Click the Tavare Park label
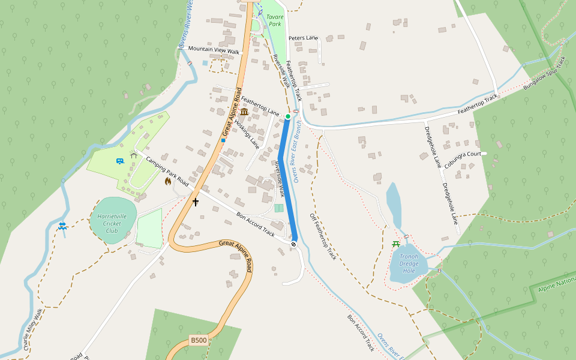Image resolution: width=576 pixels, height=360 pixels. (275, 21)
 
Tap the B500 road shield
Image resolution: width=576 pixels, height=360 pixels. (199, 340)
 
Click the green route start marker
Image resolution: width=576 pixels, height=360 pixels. (288, 116)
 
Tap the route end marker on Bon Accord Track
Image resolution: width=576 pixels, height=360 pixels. (294, 244)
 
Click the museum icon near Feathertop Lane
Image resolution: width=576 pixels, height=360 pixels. (244, 112)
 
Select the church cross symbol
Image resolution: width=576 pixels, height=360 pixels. (195, 202)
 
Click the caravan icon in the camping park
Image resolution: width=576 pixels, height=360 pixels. (119, 161)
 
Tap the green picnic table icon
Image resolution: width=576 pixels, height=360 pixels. (396, 244)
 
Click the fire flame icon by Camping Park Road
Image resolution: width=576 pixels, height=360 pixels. (168, 181)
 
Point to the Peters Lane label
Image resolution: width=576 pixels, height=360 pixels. (303, 38)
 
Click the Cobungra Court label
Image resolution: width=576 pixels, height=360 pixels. (463, 154)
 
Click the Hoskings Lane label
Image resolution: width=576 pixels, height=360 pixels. (247, 134)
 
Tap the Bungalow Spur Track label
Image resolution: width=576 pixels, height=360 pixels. (545, 74)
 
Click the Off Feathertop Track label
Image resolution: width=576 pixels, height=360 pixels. (323, 236)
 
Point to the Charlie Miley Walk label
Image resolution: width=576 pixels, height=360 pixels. (32, 330)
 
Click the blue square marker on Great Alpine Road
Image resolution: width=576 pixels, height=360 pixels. (223, 140)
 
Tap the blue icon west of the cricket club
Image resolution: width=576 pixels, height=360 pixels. (62, 226)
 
